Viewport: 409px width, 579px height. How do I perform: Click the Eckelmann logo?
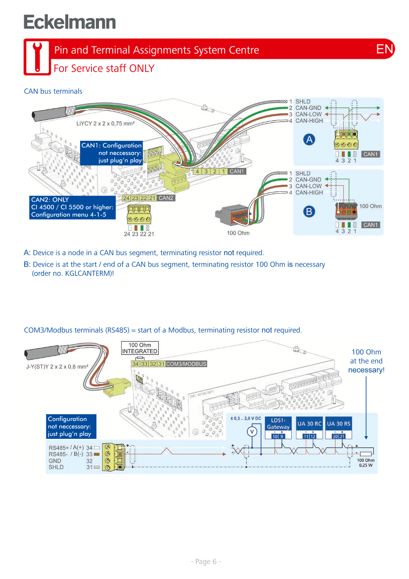click(70, 22)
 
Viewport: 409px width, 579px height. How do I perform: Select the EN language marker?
click(385, 49)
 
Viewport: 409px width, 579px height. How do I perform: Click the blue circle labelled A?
click(309, 140)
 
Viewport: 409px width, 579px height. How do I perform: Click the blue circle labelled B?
click(309, 211)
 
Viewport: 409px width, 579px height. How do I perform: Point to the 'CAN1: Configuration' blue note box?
click(111, 153)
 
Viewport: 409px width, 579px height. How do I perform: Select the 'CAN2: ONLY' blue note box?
click(72, 207)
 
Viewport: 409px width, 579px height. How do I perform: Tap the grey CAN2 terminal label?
click(166, 198)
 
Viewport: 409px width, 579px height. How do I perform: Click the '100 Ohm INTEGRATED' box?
click(140, 348)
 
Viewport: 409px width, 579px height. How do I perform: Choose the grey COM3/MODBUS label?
click(186, 364)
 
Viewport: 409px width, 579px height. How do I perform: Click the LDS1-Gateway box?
click(278, 424)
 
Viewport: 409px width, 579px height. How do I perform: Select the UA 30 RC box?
click(310, 424)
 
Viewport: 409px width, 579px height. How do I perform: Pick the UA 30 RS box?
click(339, 424)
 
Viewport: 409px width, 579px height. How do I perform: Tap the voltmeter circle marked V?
click(252, 431)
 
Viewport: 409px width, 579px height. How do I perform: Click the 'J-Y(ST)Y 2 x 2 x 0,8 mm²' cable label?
click(57, 367)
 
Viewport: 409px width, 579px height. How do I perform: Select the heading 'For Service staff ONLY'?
click(104, 68)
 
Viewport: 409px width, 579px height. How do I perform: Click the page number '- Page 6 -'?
click(206, 561)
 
